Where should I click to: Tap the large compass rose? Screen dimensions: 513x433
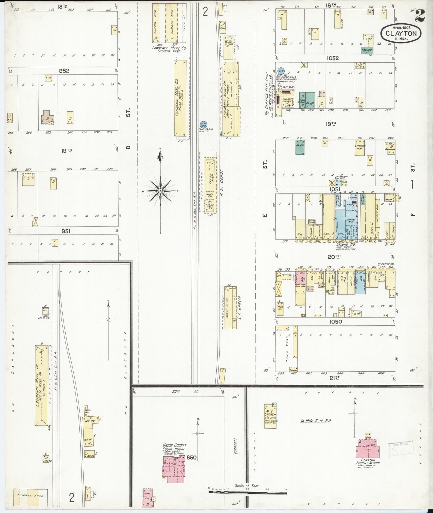(x=161, y=190)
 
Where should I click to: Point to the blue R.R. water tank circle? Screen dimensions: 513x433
(x=204, y=124)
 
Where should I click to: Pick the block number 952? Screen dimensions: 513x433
(x=64, y=71)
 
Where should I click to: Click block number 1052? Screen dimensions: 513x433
(x=333, y=58)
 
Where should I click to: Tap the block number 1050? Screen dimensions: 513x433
(x=335, y=322)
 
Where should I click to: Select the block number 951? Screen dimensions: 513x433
(x=66, y=231)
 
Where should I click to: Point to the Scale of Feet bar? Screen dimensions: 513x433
(x=248, y=491)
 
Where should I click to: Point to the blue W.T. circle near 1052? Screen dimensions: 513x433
(x=281, y=71)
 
